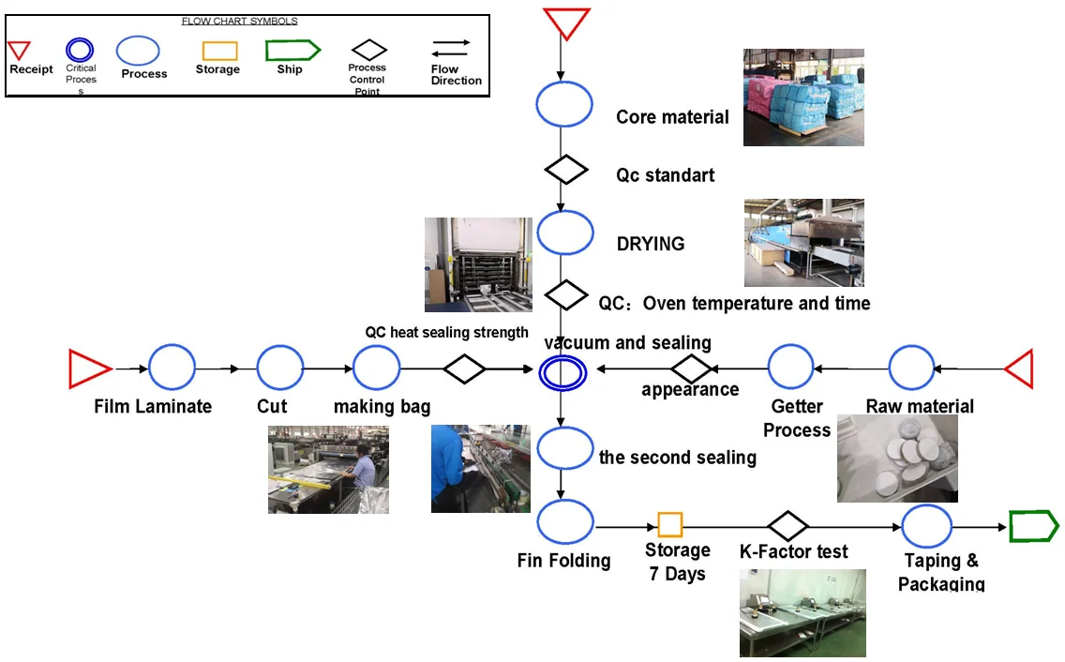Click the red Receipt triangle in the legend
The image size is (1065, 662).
[20, 50]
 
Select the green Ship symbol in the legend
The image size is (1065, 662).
[292, 50]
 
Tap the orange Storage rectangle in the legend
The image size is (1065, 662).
[219, 51]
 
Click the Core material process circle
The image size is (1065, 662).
[564, 104]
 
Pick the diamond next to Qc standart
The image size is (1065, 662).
[566, 170]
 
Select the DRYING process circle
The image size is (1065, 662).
[565, 233]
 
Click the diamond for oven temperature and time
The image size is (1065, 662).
[566, 294]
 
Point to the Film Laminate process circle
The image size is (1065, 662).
[172, 368]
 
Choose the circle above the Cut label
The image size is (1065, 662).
[280, 368]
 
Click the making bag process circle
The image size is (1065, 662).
[376, 368]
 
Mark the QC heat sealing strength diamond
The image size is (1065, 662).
[464, 369]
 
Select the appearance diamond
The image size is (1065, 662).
[692, 369]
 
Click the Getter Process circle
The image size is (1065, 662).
[792, 368]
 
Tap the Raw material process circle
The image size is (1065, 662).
[911, 368]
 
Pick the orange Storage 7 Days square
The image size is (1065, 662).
[670, 524]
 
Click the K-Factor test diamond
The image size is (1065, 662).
[787, 526]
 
